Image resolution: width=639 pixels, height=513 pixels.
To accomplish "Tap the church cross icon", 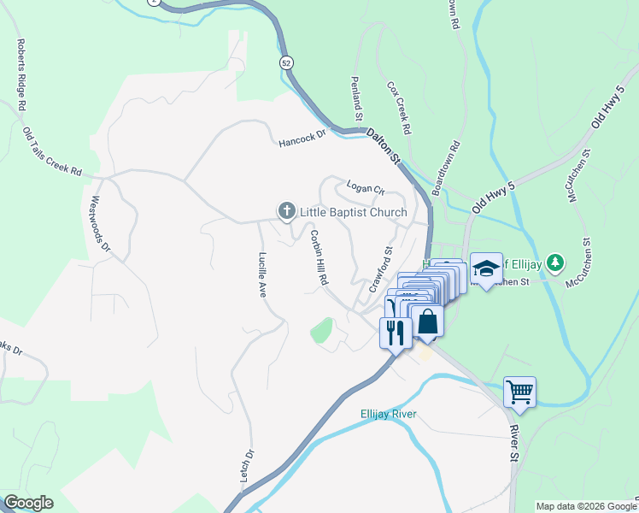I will (x=286, y=210).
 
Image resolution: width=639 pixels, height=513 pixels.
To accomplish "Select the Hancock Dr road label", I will (x=302, y=138).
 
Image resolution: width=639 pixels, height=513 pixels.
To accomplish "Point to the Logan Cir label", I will (x=366, y=187).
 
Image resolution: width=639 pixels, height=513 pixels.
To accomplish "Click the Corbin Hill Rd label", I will (x=319, y=256).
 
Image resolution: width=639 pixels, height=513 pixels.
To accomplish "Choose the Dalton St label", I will (x=384, y=145).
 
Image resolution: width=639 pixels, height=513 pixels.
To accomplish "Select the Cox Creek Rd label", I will (x=399, y=109).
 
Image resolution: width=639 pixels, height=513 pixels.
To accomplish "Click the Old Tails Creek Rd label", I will (x=52, y=152).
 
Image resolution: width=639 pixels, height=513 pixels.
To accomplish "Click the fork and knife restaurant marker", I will (x=395, y=331).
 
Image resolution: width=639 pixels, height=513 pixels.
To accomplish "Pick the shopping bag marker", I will (x=427, y=322).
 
